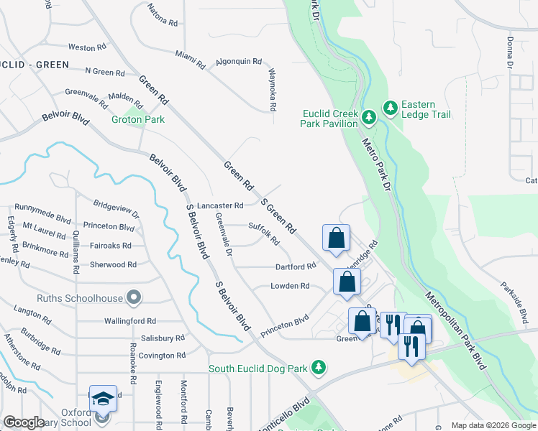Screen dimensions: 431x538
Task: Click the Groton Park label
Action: pos(138,120)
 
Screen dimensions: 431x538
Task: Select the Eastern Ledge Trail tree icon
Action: pos(391,108)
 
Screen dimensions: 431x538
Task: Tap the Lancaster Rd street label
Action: pos(221,206)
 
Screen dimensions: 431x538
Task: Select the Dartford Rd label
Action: pos(296,267)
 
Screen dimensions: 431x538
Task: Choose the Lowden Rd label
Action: pos(290,286)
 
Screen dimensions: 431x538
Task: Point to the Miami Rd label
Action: pos(191,59)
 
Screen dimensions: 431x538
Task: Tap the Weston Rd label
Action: pos(82,48)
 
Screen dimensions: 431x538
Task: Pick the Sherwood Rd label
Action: pos(113,265)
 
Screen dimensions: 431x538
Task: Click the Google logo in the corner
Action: pos(24,422)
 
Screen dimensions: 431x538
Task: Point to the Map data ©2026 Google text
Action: pos(493,425)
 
